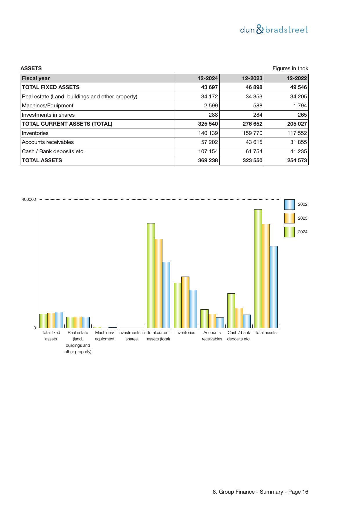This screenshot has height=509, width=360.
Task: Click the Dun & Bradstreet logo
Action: (x=274, y=30)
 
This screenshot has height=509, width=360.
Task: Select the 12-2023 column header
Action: (x=252, y=78)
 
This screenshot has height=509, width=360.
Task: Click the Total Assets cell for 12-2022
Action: (x=297, y=160)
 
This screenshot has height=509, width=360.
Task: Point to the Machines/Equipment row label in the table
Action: (x=48, y=106)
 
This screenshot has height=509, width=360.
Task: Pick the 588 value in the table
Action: (x=257, y=106)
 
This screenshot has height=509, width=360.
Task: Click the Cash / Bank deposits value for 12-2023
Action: (x=254, y=151)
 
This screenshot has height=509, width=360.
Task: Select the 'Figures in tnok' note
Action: (x=290, y=68)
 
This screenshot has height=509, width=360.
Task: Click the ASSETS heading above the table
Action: (x=31, y=68)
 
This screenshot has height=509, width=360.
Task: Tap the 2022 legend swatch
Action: (x=289, y=205)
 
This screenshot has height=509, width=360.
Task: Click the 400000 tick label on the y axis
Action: (x=29, y=199)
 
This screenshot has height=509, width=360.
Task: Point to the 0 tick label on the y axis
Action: (x=35, y=328)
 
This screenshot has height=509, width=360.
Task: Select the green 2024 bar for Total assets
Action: (x=258, y=268)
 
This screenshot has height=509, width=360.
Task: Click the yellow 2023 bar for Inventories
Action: (x=185, y=302)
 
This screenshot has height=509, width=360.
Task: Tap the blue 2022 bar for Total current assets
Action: (x=166, y=295)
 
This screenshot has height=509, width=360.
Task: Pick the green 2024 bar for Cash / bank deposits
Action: (x=231, y=311)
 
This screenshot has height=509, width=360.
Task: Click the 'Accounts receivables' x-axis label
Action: (x=212, y=336)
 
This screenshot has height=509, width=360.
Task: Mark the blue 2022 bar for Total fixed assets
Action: (x=59, y=320)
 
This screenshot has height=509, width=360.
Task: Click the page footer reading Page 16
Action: (x=260, y=492)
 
